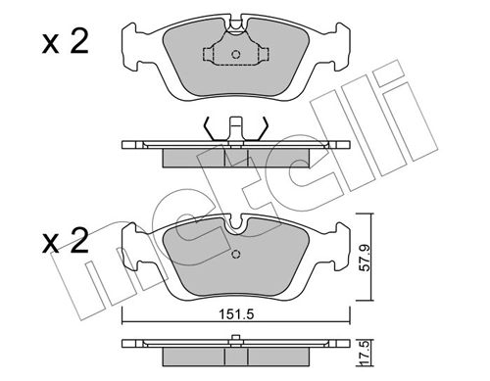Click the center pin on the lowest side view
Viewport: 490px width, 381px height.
235,341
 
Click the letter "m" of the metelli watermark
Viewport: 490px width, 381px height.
108,284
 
